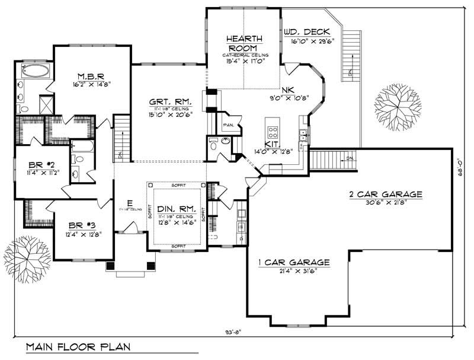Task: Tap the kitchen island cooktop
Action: click(x=274, y=130)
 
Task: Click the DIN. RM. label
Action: click(x=176, y=209)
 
